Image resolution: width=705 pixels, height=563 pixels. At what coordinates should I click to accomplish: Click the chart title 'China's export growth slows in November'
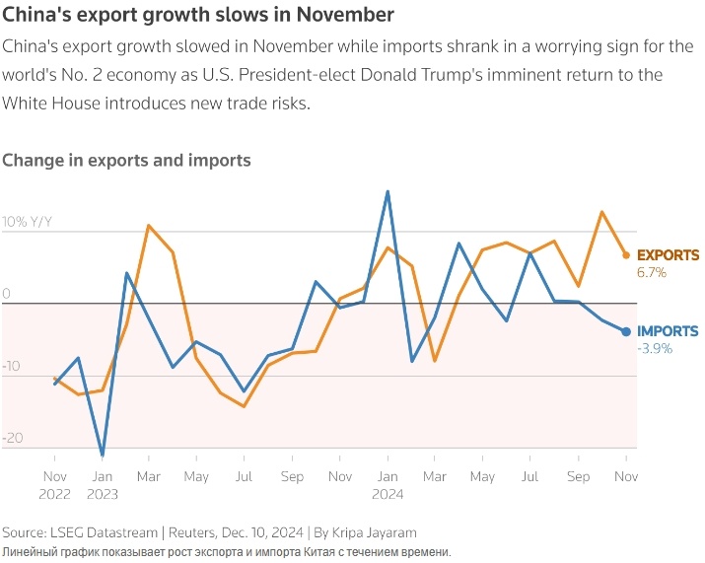click(198, 15)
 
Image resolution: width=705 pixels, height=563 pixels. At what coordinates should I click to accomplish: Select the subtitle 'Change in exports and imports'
click(126, 160)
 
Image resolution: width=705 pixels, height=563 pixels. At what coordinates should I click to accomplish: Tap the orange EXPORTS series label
click(668, 255)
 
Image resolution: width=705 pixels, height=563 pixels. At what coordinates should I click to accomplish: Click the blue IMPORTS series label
click(668, 332)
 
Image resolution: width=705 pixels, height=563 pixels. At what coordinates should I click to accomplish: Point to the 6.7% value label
click(652, 272)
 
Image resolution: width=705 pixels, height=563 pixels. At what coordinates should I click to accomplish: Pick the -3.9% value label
click(654, 349)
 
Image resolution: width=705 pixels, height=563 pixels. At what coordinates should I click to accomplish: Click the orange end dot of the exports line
click(626, 255)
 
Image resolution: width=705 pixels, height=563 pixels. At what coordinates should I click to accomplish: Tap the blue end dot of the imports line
click(626, 331)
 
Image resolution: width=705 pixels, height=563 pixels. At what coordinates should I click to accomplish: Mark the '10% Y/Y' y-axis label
click(27, 222)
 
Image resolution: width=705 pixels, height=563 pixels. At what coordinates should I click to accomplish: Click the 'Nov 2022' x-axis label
click(54, 486)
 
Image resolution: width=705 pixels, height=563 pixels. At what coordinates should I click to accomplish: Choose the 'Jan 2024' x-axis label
click(388, 486)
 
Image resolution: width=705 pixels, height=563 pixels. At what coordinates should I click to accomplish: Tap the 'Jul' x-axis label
click(245, 477)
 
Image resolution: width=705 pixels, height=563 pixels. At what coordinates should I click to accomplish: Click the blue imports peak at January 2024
click(388, 191)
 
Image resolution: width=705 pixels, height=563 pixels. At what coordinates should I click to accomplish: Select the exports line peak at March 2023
click(149, 226)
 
